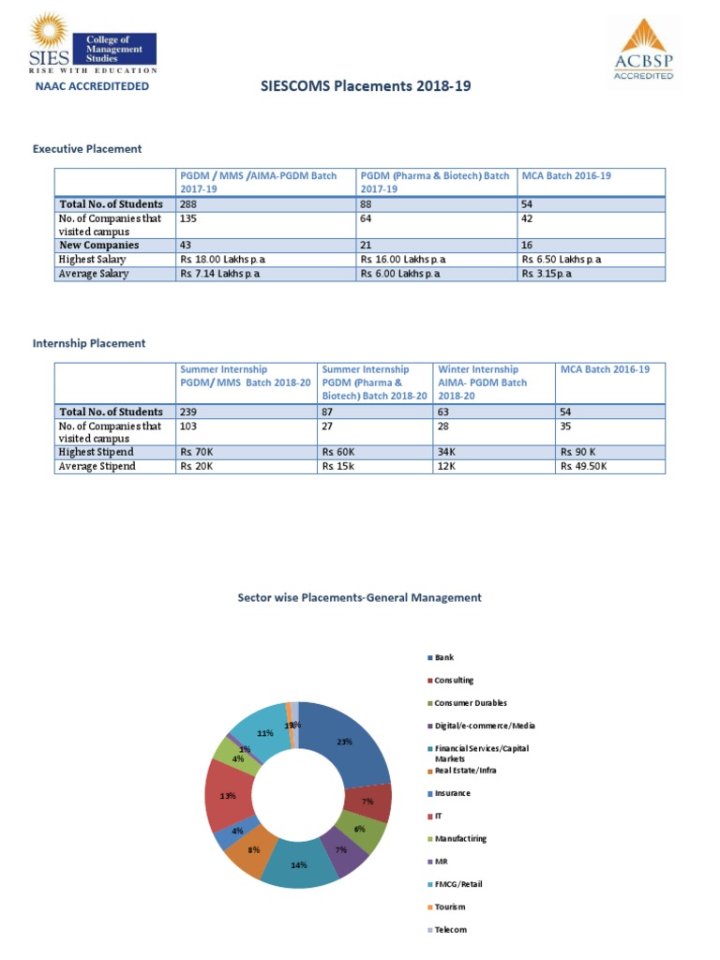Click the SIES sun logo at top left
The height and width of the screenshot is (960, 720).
point(50,34)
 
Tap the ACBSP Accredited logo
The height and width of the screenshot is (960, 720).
point(643,51)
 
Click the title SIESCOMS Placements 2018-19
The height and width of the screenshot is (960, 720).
point(365,86)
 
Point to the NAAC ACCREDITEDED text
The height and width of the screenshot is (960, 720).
point(92,86)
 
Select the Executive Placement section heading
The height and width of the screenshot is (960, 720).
point(87,148)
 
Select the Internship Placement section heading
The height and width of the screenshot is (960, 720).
point(89,343)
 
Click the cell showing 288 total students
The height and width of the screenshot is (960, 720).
point(188,204)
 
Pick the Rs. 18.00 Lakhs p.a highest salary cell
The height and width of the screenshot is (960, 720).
point(219,259)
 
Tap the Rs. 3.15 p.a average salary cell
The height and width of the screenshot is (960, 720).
point(548,274)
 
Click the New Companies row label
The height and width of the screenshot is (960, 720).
point(98,245)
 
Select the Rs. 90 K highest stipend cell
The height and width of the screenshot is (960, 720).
point(579,452)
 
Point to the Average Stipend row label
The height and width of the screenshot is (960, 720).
point(97,466)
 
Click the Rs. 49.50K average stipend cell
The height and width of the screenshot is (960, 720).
point(584,466)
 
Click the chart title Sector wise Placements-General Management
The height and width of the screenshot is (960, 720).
point(360,597)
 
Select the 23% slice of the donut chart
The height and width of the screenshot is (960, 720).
point(352,745)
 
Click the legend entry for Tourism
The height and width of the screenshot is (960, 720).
point(449,907)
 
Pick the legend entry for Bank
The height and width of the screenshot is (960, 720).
point(443,658)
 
